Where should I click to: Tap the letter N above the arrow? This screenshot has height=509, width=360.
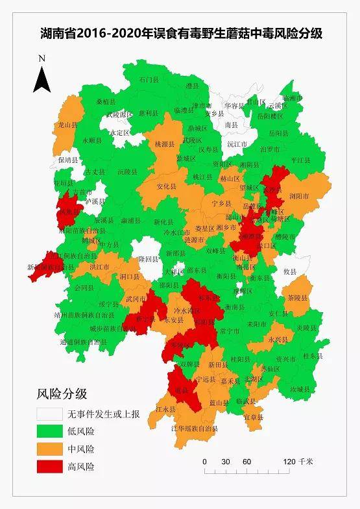[42, 58]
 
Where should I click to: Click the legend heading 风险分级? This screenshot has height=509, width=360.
[62, 394]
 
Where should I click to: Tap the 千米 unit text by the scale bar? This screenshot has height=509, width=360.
[306, 462]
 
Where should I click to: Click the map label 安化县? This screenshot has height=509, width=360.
[167, 186]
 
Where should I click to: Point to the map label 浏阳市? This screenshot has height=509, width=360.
[300, 195]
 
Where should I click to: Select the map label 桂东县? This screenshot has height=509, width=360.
[313, 356]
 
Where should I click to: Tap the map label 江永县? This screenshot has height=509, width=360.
[165, 410]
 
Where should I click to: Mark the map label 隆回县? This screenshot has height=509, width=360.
[149, 258]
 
